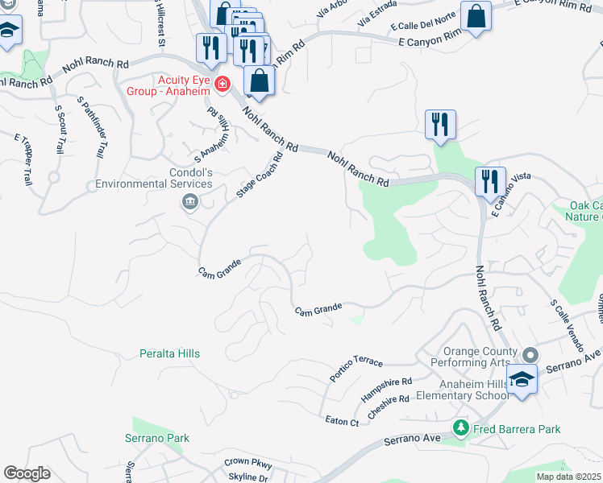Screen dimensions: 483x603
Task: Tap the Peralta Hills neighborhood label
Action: point(168,353)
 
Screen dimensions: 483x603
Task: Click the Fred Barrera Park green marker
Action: point(460,429)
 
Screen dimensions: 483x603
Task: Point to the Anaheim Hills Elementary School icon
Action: point(522,380)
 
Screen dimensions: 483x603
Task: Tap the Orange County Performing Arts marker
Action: point(530,355)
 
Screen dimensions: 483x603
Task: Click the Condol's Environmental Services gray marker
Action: point(190,201)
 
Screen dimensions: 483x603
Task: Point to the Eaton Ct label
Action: point(342,421)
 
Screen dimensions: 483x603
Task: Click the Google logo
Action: point(27,473)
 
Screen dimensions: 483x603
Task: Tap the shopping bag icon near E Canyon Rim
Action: point(476,16)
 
